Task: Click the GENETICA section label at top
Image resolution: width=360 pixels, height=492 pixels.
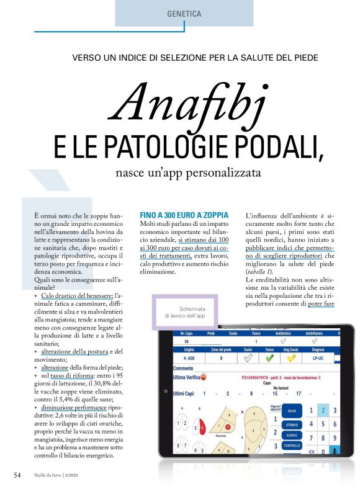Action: click(x=184, y=13)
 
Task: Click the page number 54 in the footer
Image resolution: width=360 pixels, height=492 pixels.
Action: click(x=18, y=475)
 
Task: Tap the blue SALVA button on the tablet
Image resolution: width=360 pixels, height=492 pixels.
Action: click(x=292, y=411)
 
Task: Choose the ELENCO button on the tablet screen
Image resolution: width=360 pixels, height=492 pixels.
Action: click(x=292, y=436)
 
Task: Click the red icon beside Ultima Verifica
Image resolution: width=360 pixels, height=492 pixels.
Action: click(x=213, y=377)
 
